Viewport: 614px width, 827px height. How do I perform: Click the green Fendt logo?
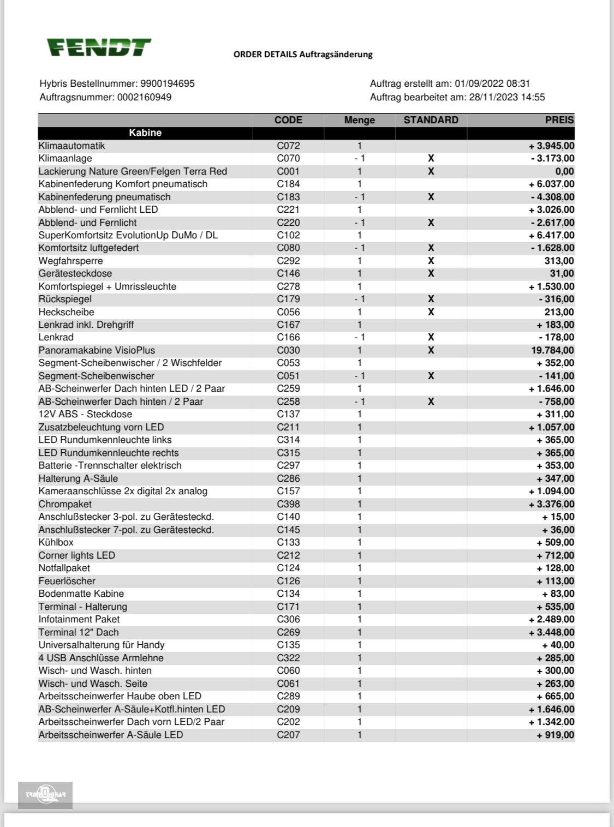coord(98,47)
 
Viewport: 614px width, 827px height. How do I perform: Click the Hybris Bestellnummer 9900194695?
coord(117,83)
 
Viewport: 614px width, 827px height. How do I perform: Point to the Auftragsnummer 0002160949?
coord(105,97)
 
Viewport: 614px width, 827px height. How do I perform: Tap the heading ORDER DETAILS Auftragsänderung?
coord(303,54)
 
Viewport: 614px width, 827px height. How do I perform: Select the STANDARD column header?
coord(431,120)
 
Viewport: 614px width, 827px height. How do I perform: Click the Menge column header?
coord(359,120)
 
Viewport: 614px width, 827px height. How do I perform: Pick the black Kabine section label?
coord(145,133)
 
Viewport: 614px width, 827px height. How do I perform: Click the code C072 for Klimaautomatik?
coord(288,146)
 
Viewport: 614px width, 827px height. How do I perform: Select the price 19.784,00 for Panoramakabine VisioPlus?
coord(552,350)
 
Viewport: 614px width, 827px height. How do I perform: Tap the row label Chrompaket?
coord(65,504)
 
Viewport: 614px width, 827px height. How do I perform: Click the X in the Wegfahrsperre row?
coord(431,261)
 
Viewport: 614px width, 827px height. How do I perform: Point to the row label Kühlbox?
coord(56,542)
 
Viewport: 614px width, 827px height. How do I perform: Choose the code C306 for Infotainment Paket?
coord(288,619)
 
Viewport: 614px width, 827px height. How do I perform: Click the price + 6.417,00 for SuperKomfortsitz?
coord(551,235)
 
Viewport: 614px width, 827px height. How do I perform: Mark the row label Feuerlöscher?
coord(67,581)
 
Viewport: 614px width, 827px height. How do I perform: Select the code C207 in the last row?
coord(288,735)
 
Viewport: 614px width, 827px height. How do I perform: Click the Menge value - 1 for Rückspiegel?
coord(359,299)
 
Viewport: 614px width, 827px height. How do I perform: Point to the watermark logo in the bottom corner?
coord(45,795)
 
